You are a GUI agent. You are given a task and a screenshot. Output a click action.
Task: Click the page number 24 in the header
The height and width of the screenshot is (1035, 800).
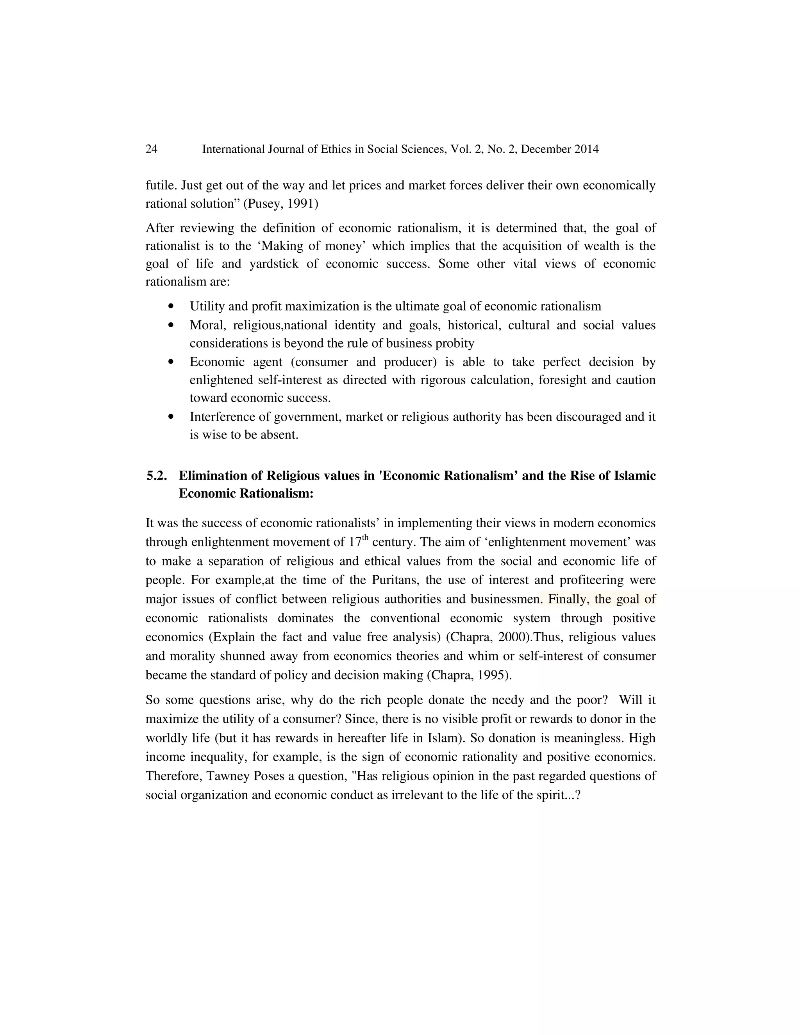(x=151, y=149)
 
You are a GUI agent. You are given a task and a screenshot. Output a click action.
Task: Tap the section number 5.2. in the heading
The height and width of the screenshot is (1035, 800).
(x=156, y=476)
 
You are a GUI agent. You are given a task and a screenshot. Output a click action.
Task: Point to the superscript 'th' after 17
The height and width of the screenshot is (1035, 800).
(x=365, y=537)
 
